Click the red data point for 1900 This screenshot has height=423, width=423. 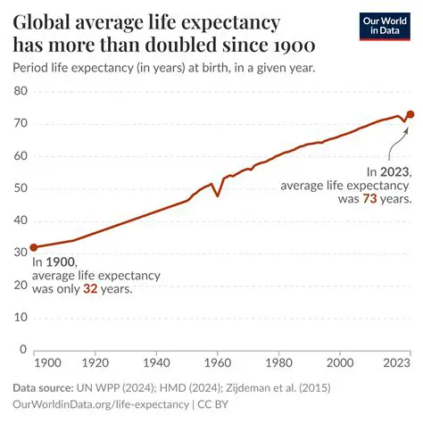point(33,247)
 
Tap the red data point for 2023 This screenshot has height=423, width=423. point(410,114)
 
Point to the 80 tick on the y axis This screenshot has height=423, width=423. point(21,92)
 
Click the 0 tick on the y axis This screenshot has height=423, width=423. point(24,350)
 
